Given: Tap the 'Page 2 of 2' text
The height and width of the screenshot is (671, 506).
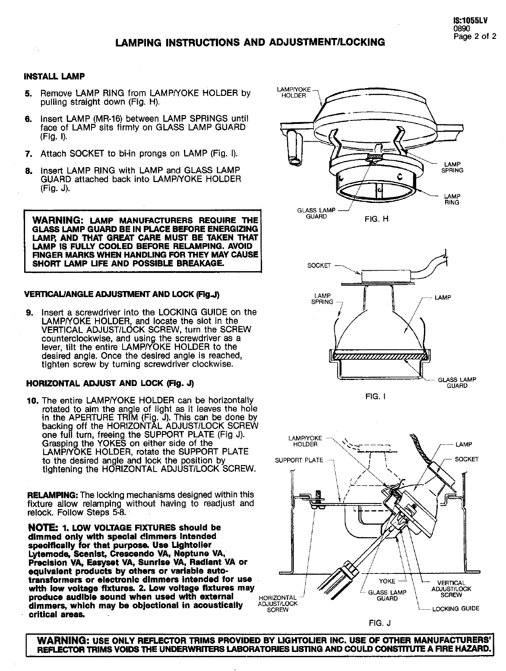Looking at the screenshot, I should [474, 36].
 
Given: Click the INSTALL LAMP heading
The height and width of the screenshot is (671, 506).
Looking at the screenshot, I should [54, 76].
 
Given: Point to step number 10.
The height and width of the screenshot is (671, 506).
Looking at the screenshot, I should [32, 400].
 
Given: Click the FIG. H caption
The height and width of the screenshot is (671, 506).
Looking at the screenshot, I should [376, 219].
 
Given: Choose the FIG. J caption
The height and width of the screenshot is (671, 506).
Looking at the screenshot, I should [379, 623].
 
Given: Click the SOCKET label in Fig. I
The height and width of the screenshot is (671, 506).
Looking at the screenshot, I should [318, 265].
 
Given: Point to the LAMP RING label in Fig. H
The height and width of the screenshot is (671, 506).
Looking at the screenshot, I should [452, 199].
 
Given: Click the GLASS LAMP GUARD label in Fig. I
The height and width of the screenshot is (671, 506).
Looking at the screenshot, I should [457, 383].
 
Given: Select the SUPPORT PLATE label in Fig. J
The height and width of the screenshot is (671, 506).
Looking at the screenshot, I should [299, 460].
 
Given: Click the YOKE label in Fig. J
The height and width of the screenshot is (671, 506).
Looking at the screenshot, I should [387, 581].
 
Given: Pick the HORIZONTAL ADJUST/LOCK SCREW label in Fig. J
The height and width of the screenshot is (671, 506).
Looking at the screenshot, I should [277, 604].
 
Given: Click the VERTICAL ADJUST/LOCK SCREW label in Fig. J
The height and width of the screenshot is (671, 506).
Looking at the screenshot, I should [451, 589].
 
